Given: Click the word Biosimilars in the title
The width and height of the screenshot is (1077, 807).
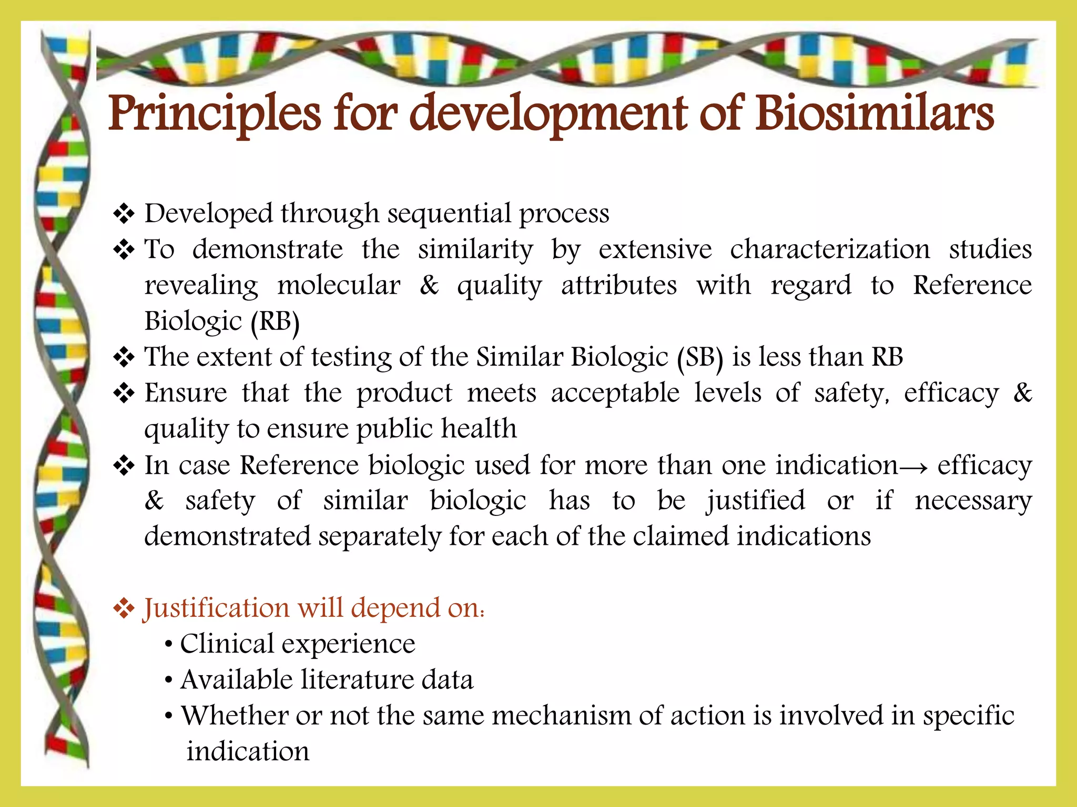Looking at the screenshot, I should tap(874, 114).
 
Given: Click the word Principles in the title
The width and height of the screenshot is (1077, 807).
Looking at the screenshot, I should tap(214, 114).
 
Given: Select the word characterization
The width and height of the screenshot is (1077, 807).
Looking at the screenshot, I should tap(829, 250).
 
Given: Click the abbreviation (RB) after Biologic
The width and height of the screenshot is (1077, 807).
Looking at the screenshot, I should tap(275, 322).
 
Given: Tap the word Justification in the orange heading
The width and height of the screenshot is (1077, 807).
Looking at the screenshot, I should tap(216, 608).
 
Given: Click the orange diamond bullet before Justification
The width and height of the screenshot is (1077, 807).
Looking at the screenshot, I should tap(124, 609).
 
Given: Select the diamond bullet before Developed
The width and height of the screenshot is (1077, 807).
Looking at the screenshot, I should tap(124, 214).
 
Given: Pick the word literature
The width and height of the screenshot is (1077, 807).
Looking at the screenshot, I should tap(357, 680).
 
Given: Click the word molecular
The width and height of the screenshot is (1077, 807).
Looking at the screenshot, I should tap(339, 286).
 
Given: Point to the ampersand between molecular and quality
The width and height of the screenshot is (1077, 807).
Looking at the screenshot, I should tap(429, 286).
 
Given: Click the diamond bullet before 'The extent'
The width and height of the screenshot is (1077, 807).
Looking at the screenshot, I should tap(124, 358).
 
